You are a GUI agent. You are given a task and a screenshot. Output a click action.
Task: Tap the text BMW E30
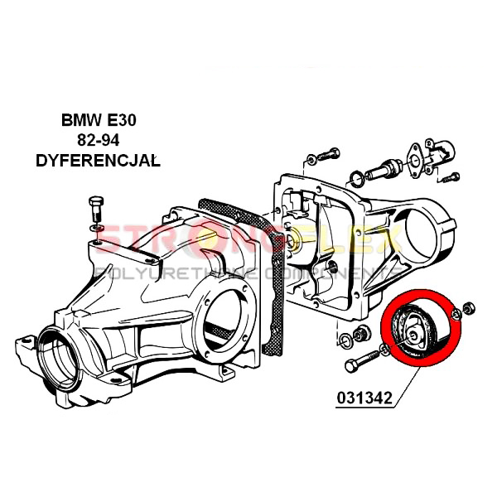(99, 121)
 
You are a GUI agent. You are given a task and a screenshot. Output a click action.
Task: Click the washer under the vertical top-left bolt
(97, 227)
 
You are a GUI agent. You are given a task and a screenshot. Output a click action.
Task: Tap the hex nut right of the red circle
(467, 309)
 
